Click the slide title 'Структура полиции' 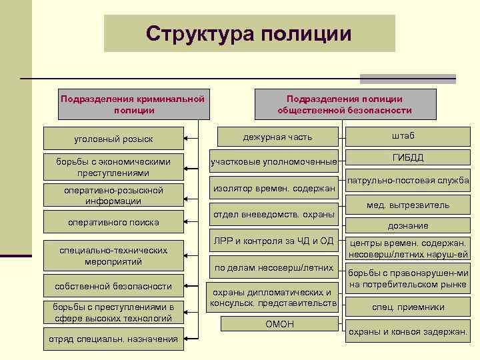tap(249, 33)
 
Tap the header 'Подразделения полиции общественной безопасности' tap(345, 104)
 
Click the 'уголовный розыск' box tap(113, 139)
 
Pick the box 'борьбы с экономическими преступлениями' tap(113, 167)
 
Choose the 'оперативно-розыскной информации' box tap(113, 195)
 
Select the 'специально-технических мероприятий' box tap(113, 256)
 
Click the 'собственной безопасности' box tap(113, 286)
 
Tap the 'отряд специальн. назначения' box tap(113, 339)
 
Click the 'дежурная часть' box tap(277, 137)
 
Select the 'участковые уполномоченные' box tap(274, 162)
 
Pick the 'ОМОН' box tap(279, 324)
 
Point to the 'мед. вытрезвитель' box tap(408, 205)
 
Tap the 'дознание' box tap(408, 226)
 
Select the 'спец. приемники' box tap(408, 307)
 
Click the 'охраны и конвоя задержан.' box tap(408, 331)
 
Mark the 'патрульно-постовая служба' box tap(408, 181)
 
